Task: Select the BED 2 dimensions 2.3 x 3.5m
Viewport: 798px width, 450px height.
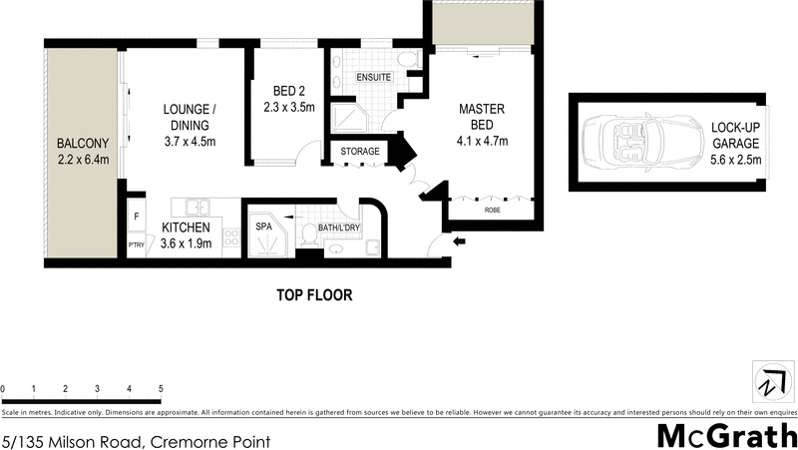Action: tap(289, 108)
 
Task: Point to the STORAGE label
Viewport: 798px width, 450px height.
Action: tap(359, 152)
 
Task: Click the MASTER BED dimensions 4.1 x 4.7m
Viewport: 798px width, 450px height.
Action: tap(482, 142)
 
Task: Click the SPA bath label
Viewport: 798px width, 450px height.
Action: tap(264, 226)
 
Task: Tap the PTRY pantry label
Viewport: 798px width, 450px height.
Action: tap(135, 244)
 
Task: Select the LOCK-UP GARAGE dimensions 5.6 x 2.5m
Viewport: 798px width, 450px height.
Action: tap(735, 159)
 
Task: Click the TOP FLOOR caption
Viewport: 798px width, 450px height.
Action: tap(313, 295)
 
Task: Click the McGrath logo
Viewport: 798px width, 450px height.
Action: tap(725, 435)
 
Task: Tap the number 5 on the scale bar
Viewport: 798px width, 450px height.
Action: tap(161, 388)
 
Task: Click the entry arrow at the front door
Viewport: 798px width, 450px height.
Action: tap(459, 240)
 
